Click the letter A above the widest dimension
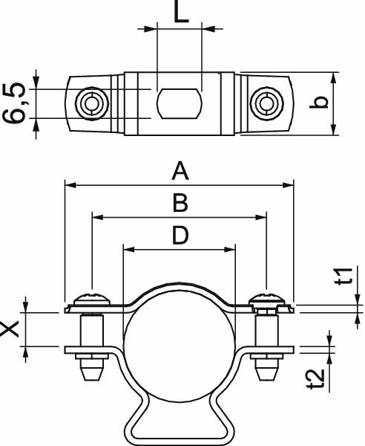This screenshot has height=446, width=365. [180, 172]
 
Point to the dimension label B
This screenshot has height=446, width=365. [179, 203]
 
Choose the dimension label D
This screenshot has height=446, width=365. [179, 236]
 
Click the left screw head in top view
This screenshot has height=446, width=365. [92, 103]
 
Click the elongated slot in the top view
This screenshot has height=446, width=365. [179, 102]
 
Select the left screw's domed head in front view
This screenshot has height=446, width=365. [92, 299]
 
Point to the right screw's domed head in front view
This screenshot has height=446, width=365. [265, 299]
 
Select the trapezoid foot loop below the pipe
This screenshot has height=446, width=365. [179, 424]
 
